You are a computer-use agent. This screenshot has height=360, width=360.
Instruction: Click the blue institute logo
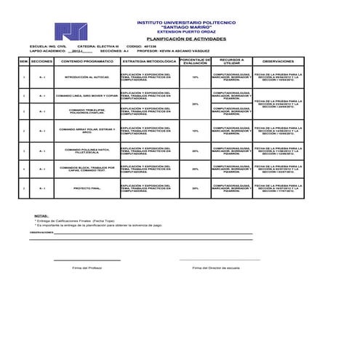pos(68,31)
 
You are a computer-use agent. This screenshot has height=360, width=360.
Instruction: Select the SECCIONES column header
pos(42,62)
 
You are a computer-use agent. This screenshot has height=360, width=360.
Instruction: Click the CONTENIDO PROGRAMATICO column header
pos(87,62)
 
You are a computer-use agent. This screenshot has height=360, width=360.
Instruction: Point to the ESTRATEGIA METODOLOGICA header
pos(149,62)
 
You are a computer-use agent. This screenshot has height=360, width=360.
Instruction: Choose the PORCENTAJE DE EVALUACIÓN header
pos(195,62)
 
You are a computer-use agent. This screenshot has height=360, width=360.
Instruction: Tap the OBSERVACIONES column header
pos(278,62)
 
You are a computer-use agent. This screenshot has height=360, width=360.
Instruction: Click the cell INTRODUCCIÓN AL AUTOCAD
pos(87,76)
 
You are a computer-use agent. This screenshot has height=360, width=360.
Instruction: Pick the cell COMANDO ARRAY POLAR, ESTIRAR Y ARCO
pos(87,131)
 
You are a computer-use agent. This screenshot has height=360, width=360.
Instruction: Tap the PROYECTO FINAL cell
pos(87,188)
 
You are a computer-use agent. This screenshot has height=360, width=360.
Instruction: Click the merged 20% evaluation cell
pos(195,104)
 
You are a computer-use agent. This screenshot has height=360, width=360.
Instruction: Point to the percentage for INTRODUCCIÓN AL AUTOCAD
pos(195,76)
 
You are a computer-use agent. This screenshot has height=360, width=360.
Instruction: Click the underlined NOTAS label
pos(41,216)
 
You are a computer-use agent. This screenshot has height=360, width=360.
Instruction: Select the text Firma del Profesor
pos(87,268)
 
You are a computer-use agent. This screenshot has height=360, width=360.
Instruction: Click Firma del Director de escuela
pos(216,268)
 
